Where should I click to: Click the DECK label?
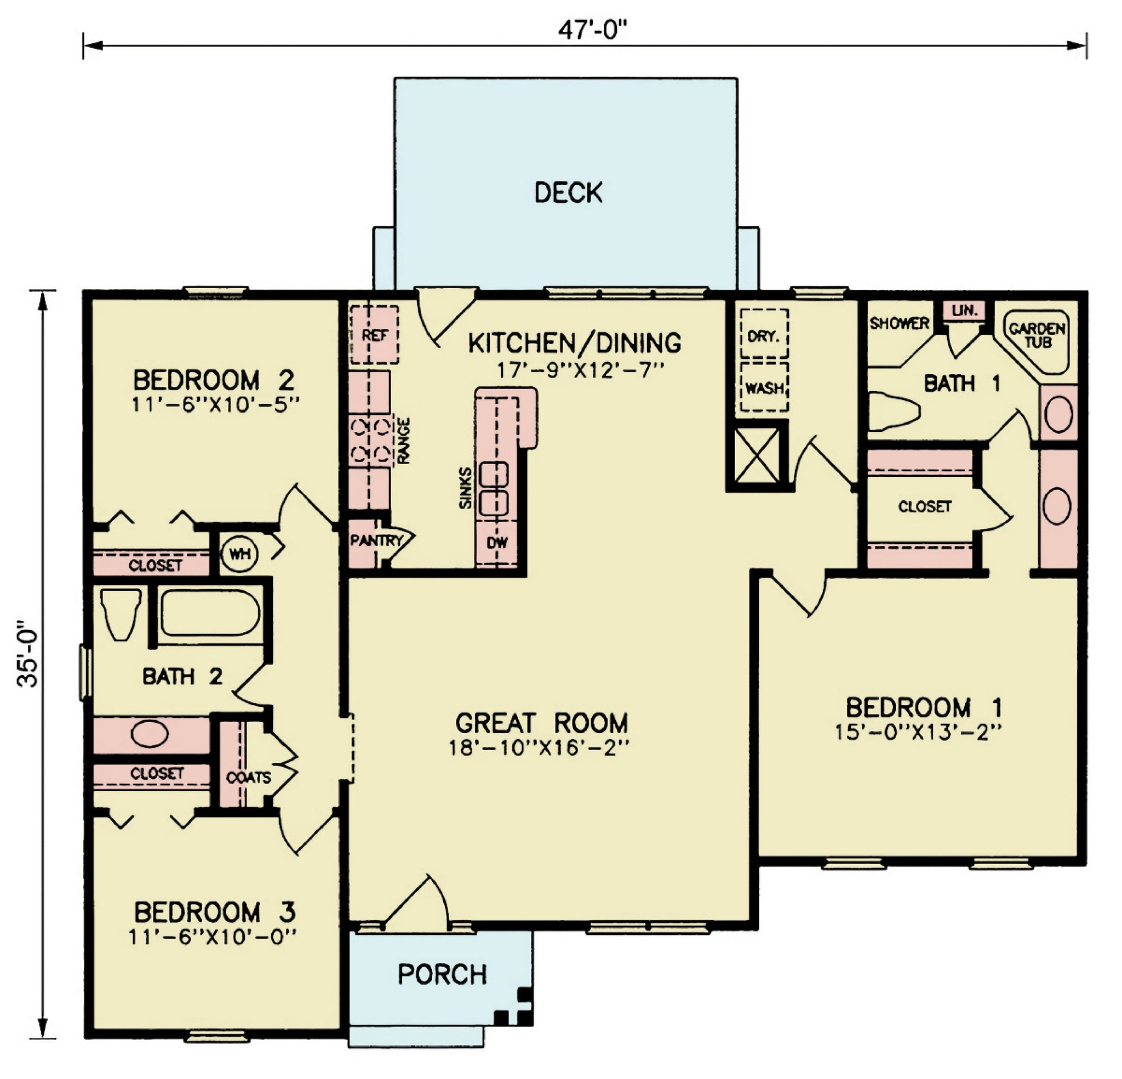[x=569, y=192]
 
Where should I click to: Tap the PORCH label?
[x=442, y=974]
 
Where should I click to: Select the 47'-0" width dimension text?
[x=589, y=29]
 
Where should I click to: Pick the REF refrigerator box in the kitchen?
[x=374, y=335]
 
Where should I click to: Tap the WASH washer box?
[x=764, y=387]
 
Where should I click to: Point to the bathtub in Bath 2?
[x=209, y=613]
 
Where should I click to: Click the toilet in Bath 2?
[x=121, y=614]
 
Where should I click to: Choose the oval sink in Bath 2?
[x=150, y=734]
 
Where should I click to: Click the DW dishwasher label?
[x=497, y=543]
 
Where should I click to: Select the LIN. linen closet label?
[x=965, y=310]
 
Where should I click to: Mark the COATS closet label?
[x=248, y=778]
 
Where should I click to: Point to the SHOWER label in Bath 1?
[x=900, y=323]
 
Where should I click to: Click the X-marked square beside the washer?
[x=757, y=456]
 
